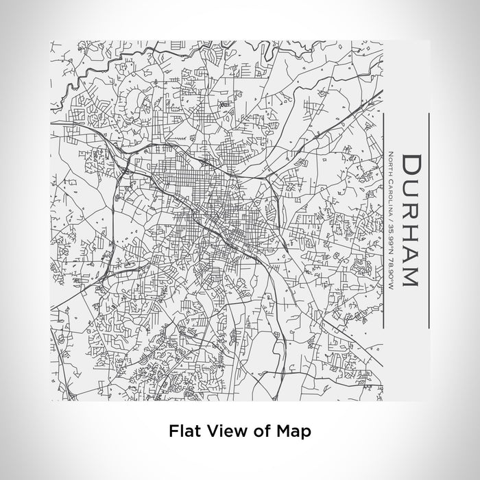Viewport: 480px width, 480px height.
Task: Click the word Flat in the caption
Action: tap(183, 431)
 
